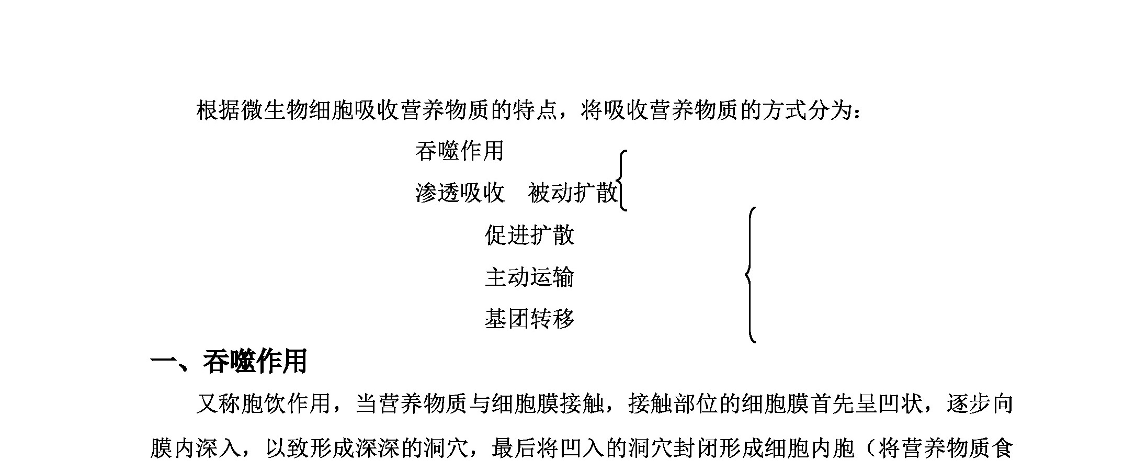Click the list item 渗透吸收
(460, 193)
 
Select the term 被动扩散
(573, 193)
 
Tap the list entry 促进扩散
(529, 235)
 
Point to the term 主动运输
(529, 277)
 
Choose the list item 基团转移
(529, 319)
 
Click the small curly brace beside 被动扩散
(622, 181)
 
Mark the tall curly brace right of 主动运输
(751, 275)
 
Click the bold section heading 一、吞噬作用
(229, 362)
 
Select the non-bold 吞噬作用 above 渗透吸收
(460, 151)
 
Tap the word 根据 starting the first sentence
(219, 111)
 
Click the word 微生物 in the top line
(276, 111)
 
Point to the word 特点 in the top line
(535, 111)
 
